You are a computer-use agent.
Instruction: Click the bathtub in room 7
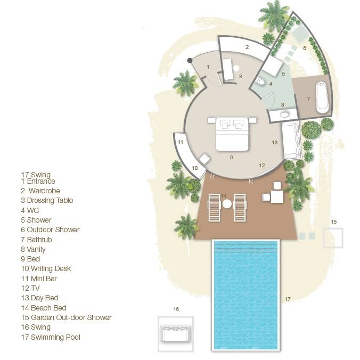[322, 97]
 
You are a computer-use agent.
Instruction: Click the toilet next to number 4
[261, 81]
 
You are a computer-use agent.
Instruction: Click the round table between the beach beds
[227, 204]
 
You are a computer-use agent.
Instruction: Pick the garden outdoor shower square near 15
[333, 238]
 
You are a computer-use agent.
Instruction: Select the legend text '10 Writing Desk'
[46, 269]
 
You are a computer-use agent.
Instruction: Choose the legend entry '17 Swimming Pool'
[51, 337]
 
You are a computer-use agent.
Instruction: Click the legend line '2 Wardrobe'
[40, 191]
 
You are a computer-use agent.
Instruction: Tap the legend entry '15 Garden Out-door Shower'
[66, 317]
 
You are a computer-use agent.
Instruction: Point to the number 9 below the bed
[231, 158]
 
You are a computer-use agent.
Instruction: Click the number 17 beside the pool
[288, 299]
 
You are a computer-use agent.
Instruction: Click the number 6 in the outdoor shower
[305, 48]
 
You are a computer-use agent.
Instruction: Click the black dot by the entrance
[189, 61]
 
